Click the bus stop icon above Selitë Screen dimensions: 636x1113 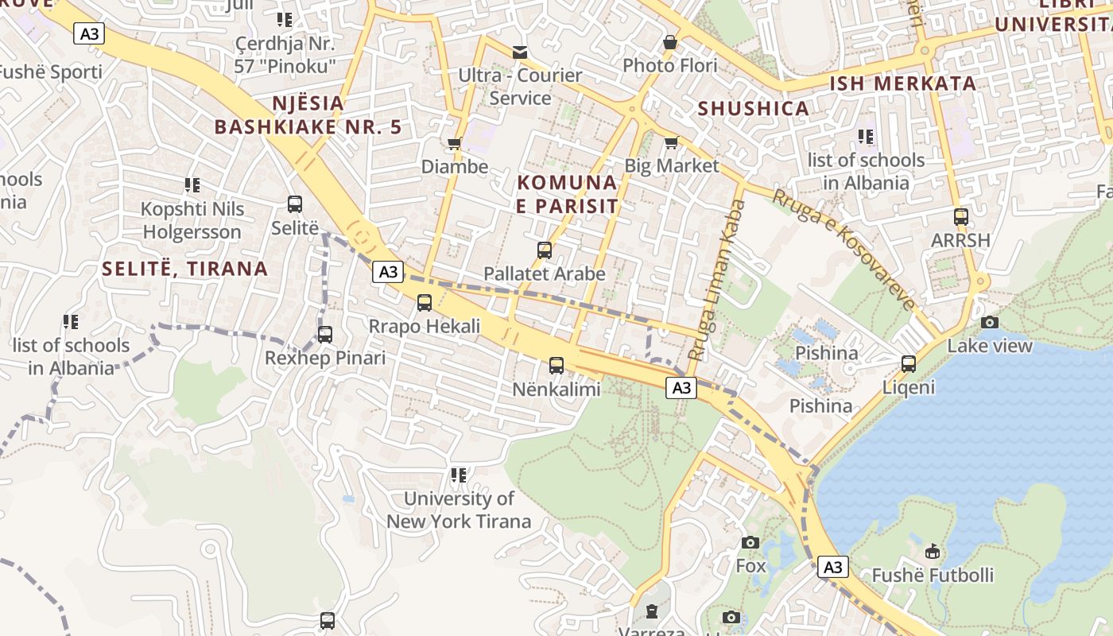coord(295,204)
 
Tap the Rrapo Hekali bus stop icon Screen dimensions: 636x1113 coord(425,303)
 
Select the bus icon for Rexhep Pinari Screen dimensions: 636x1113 coord(325,335)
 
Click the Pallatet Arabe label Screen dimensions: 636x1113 coord(545,273)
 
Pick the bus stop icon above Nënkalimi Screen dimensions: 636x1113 coord(556,366)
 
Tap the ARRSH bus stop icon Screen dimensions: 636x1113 coord(961,217)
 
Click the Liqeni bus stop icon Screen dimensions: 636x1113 coord(909,364)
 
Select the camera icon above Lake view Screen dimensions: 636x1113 coord(990,322)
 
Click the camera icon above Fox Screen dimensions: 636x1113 coord(750,542)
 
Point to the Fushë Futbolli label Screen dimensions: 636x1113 coord(933,575)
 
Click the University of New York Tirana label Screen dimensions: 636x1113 coord(459,510)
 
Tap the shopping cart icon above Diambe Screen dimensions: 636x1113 coord(454,144)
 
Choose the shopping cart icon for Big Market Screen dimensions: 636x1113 coord(671,143)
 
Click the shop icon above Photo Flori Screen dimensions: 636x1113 coord(670,42)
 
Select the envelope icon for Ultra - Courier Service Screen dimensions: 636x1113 coord(520,52)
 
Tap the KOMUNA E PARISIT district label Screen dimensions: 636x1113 coord(567,194)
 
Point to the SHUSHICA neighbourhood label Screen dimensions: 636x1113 coord(753,109)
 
